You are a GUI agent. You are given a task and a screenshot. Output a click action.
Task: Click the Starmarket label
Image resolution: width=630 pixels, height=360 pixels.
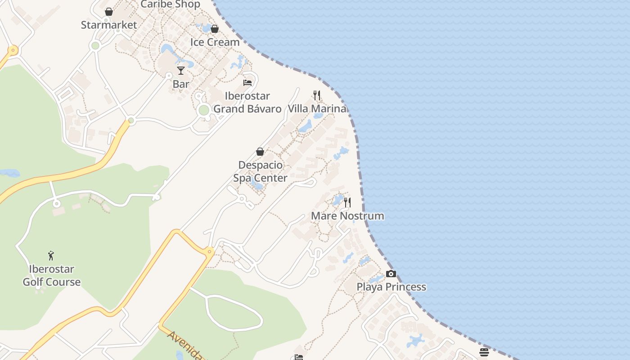(x=109, y=25)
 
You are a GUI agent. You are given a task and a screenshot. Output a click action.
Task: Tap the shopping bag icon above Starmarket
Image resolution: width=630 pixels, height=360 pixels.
(x=109, y=12)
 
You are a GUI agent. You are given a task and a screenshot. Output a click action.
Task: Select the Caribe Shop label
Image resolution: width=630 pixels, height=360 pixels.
(x=170, y=4)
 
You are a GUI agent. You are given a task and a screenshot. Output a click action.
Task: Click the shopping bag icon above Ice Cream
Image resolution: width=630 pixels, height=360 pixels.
(x=215, y=29)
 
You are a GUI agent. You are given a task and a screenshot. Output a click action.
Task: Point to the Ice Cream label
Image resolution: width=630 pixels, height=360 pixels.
(x=215, y=42)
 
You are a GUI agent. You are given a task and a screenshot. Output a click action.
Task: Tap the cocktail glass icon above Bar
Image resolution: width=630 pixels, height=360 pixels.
(x=181, y=71)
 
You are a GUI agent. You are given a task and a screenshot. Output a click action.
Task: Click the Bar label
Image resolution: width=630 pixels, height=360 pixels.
(x=181, y=84)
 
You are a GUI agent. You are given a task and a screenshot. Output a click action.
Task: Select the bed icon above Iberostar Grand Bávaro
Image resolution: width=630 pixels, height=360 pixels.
(x=247, y=82)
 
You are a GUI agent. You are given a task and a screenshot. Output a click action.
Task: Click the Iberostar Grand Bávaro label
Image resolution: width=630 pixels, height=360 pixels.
(x=247, y=102)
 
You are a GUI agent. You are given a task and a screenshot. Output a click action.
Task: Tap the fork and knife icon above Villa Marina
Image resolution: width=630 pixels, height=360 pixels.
(x=317, y=95)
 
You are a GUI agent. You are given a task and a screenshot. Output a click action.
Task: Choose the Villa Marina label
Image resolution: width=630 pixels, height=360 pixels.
(x=317, y=108)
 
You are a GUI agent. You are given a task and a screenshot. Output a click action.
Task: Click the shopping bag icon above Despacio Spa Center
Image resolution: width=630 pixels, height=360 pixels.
(x=260, y=152)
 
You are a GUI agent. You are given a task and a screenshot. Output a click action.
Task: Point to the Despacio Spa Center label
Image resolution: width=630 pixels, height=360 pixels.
(x=260, y=171)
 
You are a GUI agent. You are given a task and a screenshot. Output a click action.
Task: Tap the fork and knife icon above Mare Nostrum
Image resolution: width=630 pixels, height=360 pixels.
(x=347, y=202)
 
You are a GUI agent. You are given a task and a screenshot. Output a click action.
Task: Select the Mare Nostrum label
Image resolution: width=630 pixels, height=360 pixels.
(x=347, y=216)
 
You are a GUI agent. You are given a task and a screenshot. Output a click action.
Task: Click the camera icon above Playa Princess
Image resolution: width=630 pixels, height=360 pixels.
(x=391, y=274)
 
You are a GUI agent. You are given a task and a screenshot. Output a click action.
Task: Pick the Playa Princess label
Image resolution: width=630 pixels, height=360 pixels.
(x=391, y=287)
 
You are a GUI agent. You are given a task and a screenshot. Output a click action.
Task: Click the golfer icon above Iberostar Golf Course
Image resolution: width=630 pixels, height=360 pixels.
(x=51, y=256)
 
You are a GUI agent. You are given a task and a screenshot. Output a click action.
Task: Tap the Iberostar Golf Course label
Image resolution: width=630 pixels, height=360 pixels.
(x=52, y=275)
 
